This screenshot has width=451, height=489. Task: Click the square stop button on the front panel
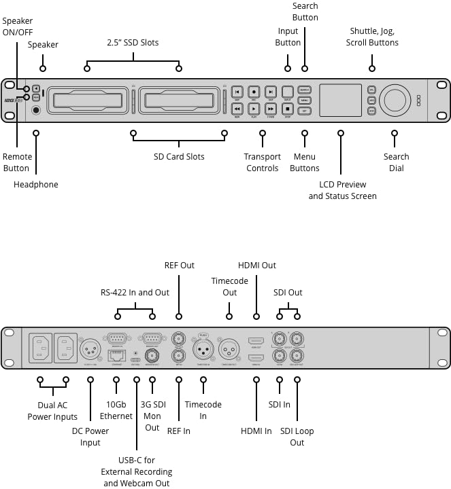(x=287, y=109)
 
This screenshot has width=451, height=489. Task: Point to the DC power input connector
(x=90, y=349)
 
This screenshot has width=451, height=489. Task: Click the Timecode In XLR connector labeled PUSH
(x=203, y=349)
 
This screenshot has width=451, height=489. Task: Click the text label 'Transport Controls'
(x=263, y=162)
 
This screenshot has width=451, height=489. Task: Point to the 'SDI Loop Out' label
(x=297, y=437)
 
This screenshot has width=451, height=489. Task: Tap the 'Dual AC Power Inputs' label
(x=52, y=412)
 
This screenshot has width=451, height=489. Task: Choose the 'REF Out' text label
(x=180, y=265)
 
